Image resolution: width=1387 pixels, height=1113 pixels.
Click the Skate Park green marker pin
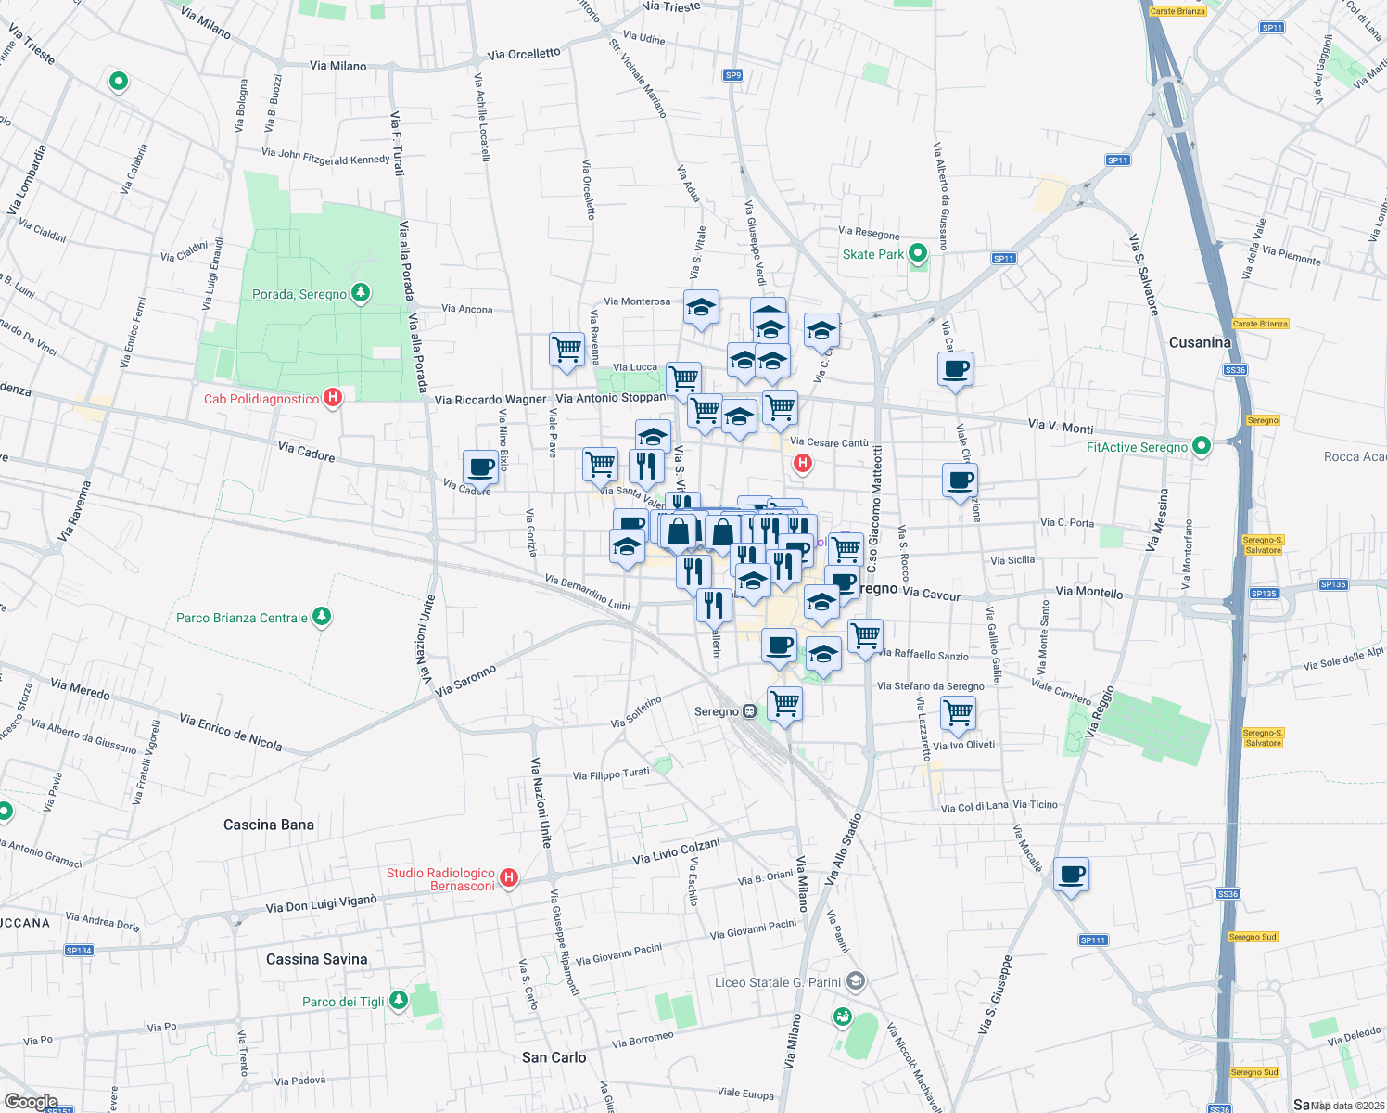click(x=918, y=253)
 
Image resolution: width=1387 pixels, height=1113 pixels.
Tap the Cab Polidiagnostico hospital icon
click(x=333, y=398)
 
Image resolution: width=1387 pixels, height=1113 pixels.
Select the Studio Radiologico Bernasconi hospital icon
click(x=508, y=878)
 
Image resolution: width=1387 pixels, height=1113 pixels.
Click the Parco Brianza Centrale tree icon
click(x=322, y=616)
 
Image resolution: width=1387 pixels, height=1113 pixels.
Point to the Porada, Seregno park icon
click(x=361, y=293)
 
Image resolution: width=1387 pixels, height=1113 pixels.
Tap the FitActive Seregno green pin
click(x=1202, y=446)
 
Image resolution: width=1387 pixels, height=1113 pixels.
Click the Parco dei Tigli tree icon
click(x=399, y=1000)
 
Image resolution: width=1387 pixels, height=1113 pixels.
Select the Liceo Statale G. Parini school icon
click(x=856, y=981)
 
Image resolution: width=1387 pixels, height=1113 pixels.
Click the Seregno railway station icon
click(x=749, y=711)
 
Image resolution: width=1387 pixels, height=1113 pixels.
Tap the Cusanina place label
click(x=1200, y=342)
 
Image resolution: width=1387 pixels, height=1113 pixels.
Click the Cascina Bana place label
click(x=269, y=825)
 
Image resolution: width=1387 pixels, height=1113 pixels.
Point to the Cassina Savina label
click(x=316, y=959)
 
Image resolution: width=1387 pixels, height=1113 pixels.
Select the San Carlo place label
click(x=554, y=1057)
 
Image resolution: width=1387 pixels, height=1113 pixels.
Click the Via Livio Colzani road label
click(x=676, y=851)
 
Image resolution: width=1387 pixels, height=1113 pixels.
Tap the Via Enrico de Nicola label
click(x=231, y=732)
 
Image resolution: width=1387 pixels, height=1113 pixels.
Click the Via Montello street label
click(x=1088, y=592)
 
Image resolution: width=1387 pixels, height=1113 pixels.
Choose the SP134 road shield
click(x=79, y=951)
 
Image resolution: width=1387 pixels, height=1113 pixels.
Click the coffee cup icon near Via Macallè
click(x=1071, y=875)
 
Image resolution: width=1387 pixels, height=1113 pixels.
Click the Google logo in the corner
click(x=31, y=1102)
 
